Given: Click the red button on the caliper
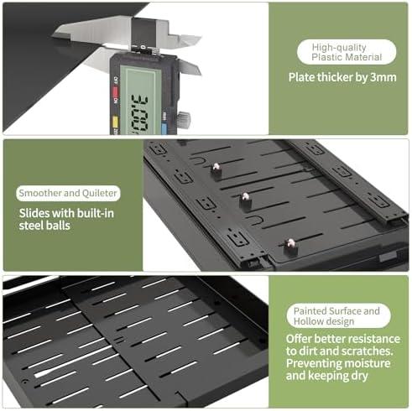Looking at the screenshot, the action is (x=115, y=91).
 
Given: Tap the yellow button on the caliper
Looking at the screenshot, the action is (x=115, y=122).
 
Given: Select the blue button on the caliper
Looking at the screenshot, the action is (x=164, y=128).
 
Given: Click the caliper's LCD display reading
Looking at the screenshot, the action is (x=140, y=113).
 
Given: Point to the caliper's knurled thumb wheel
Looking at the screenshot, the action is (x=184, y=119).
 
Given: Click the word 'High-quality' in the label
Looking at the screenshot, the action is (x=339, y=48).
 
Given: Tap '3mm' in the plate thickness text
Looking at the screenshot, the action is (x=383, y=77).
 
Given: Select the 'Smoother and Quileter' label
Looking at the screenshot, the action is (x=68, y=193).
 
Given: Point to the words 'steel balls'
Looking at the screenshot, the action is (x=44, y=226).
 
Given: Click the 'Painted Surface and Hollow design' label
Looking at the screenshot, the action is (x=338, y=315).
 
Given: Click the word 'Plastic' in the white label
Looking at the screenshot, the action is (x=326, y=57).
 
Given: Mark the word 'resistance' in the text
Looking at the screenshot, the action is (x=374, y=339).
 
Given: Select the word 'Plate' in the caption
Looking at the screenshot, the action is (x=301, y=77).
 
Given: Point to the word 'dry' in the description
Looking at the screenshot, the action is (x=359, y=377).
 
